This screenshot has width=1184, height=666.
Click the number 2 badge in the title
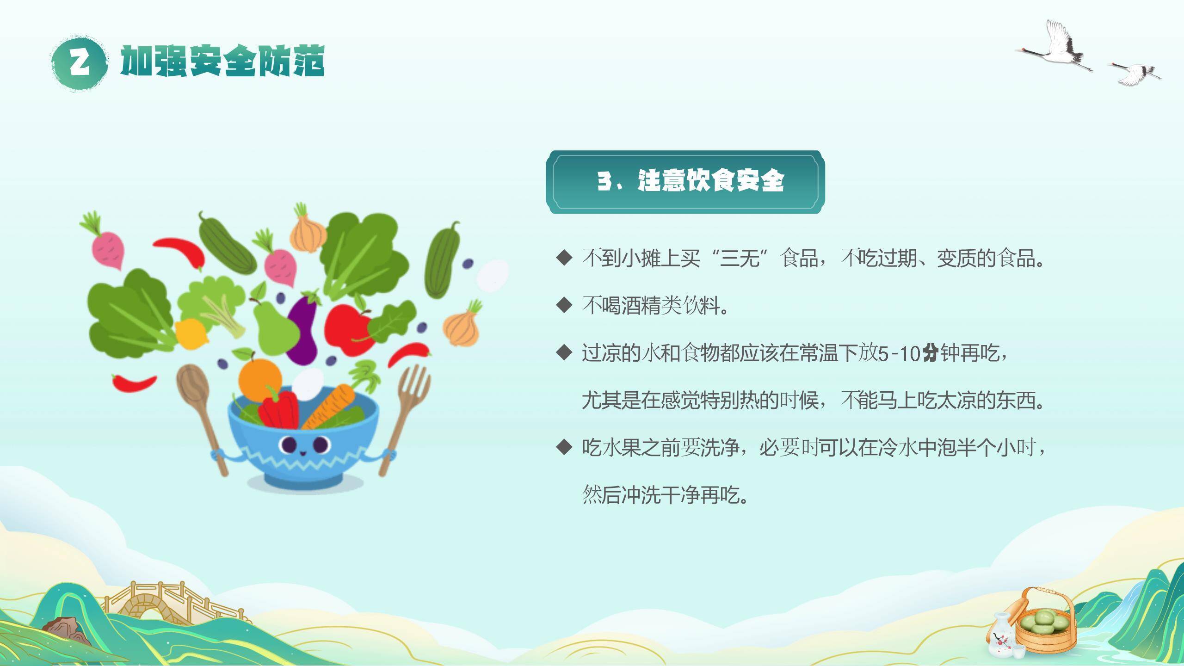coord(80,63)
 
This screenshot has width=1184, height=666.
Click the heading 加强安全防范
coord(222,62)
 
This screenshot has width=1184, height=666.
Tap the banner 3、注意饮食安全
coord(685,181)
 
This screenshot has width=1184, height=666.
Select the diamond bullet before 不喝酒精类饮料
coord(564,305)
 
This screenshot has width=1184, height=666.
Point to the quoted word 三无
coord(740,258)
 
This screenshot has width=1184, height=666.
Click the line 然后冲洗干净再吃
coord(665,494)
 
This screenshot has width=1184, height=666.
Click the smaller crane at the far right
coord(1136,73)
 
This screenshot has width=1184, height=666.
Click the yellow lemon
coord(191,334)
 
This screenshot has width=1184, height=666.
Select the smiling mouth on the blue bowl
coord(302,453)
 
